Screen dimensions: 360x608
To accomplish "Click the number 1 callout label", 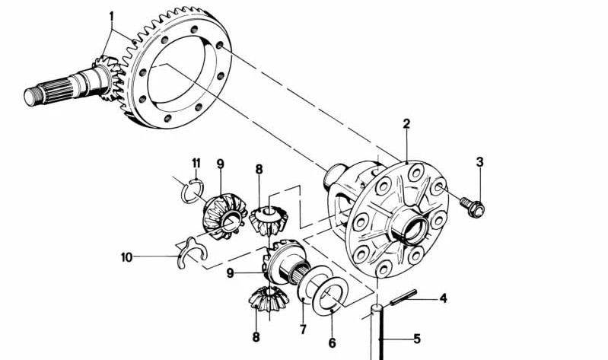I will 111,15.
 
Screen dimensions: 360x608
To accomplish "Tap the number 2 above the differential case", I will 406,123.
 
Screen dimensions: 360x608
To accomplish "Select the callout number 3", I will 479,161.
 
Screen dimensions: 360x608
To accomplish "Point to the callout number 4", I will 443,298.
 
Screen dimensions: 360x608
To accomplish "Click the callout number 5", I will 417,339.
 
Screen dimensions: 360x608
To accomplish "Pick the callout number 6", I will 332,343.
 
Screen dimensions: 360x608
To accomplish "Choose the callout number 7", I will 302,330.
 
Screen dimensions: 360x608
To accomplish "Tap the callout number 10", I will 126,257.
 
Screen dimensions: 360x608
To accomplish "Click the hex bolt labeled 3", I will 473,203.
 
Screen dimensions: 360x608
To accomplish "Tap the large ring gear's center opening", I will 183,76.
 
